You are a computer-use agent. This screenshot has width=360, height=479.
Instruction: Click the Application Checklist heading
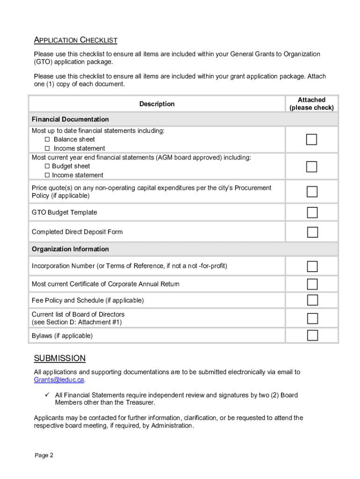click(75, 40)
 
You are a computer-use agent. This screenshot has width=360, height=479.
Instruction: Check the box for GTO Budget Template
click(312, 213)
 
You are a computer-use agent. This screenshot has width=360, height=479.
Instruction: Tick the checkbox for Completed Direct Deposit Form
click(312, 232)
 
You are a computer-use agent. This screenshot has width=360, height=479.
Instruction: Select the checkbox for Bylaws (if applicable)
click(312, 335)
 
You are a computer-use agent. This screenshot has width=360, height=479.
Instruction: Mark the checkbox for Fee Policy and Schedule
click(312, 300)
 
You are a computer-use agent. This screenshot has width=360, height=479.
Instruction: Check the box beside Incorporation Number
click(312, 266)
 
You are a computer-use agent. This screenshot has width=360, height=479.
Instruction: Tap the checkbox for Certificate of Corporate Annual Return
click(312, 284)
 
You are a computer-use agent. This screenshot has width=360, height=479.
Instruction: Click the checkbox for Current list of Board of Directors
click(312, 318)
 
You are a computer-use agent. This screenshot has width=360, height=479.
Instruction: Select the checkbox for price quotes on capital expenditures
click(312, 192)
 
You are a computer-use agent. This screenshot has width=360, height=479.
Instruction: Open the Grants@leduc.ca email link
click(59, 380)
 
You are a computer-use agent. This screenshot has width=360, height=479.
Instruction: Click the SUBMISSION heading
click(60, 358)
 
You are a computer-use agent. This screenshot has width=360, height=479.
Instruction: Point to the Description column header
click(157, 104)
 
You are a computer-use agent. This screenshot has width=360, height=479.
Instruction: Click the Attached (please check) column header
click(311, 104)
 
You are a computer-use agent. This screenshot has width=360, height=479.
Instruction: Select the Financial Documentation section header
click(70, 119)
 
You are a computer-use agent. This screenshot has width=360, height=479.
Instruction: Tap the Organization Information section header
click(70, 249)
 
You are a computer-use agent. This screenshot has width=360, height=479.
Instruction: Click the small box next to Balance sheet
click(47, 139)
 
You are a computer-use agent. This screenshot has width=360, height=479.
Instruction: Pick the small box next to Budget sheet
click(47, 166)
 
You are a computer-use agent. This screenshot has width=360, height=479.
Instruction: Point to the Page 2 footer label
click(44, 455)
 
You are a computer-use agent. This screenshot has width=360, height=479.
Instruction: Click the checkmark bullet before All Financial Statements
click(47, 395)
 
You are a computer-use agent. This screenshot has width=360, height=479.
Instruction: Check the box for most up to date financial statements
click(312, 139)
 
